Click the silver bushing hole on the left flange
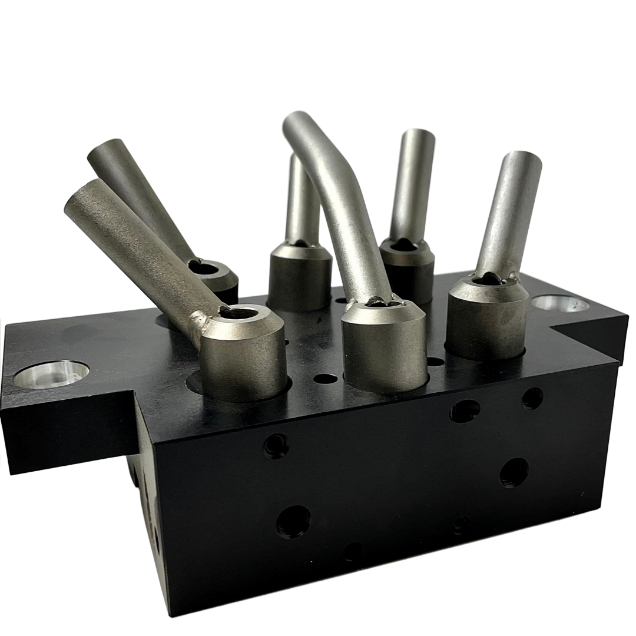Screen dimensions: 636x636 click(51, 374)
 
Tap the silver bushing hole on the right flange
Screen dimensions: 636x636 click(559, 304)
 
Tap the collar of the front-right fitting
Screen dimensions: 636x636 click(486, 321)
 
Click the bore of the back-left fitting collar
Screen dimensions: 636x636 click(204, 267)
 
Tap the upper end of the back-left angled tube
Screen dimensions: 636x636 click(106, 150)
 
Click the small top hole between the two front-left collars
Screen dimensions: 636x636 click(325, 378)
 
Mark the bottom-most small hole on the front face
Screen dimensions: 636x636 click(353, 551)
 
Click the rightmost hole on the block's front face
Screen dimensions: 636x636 click(532, 399)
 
